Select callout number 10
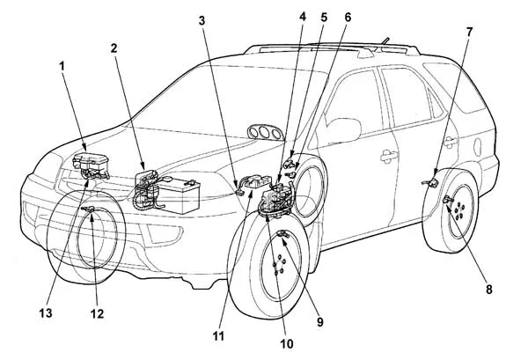283,345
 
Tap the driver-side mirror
345,130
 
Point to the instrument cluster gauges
261,132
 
